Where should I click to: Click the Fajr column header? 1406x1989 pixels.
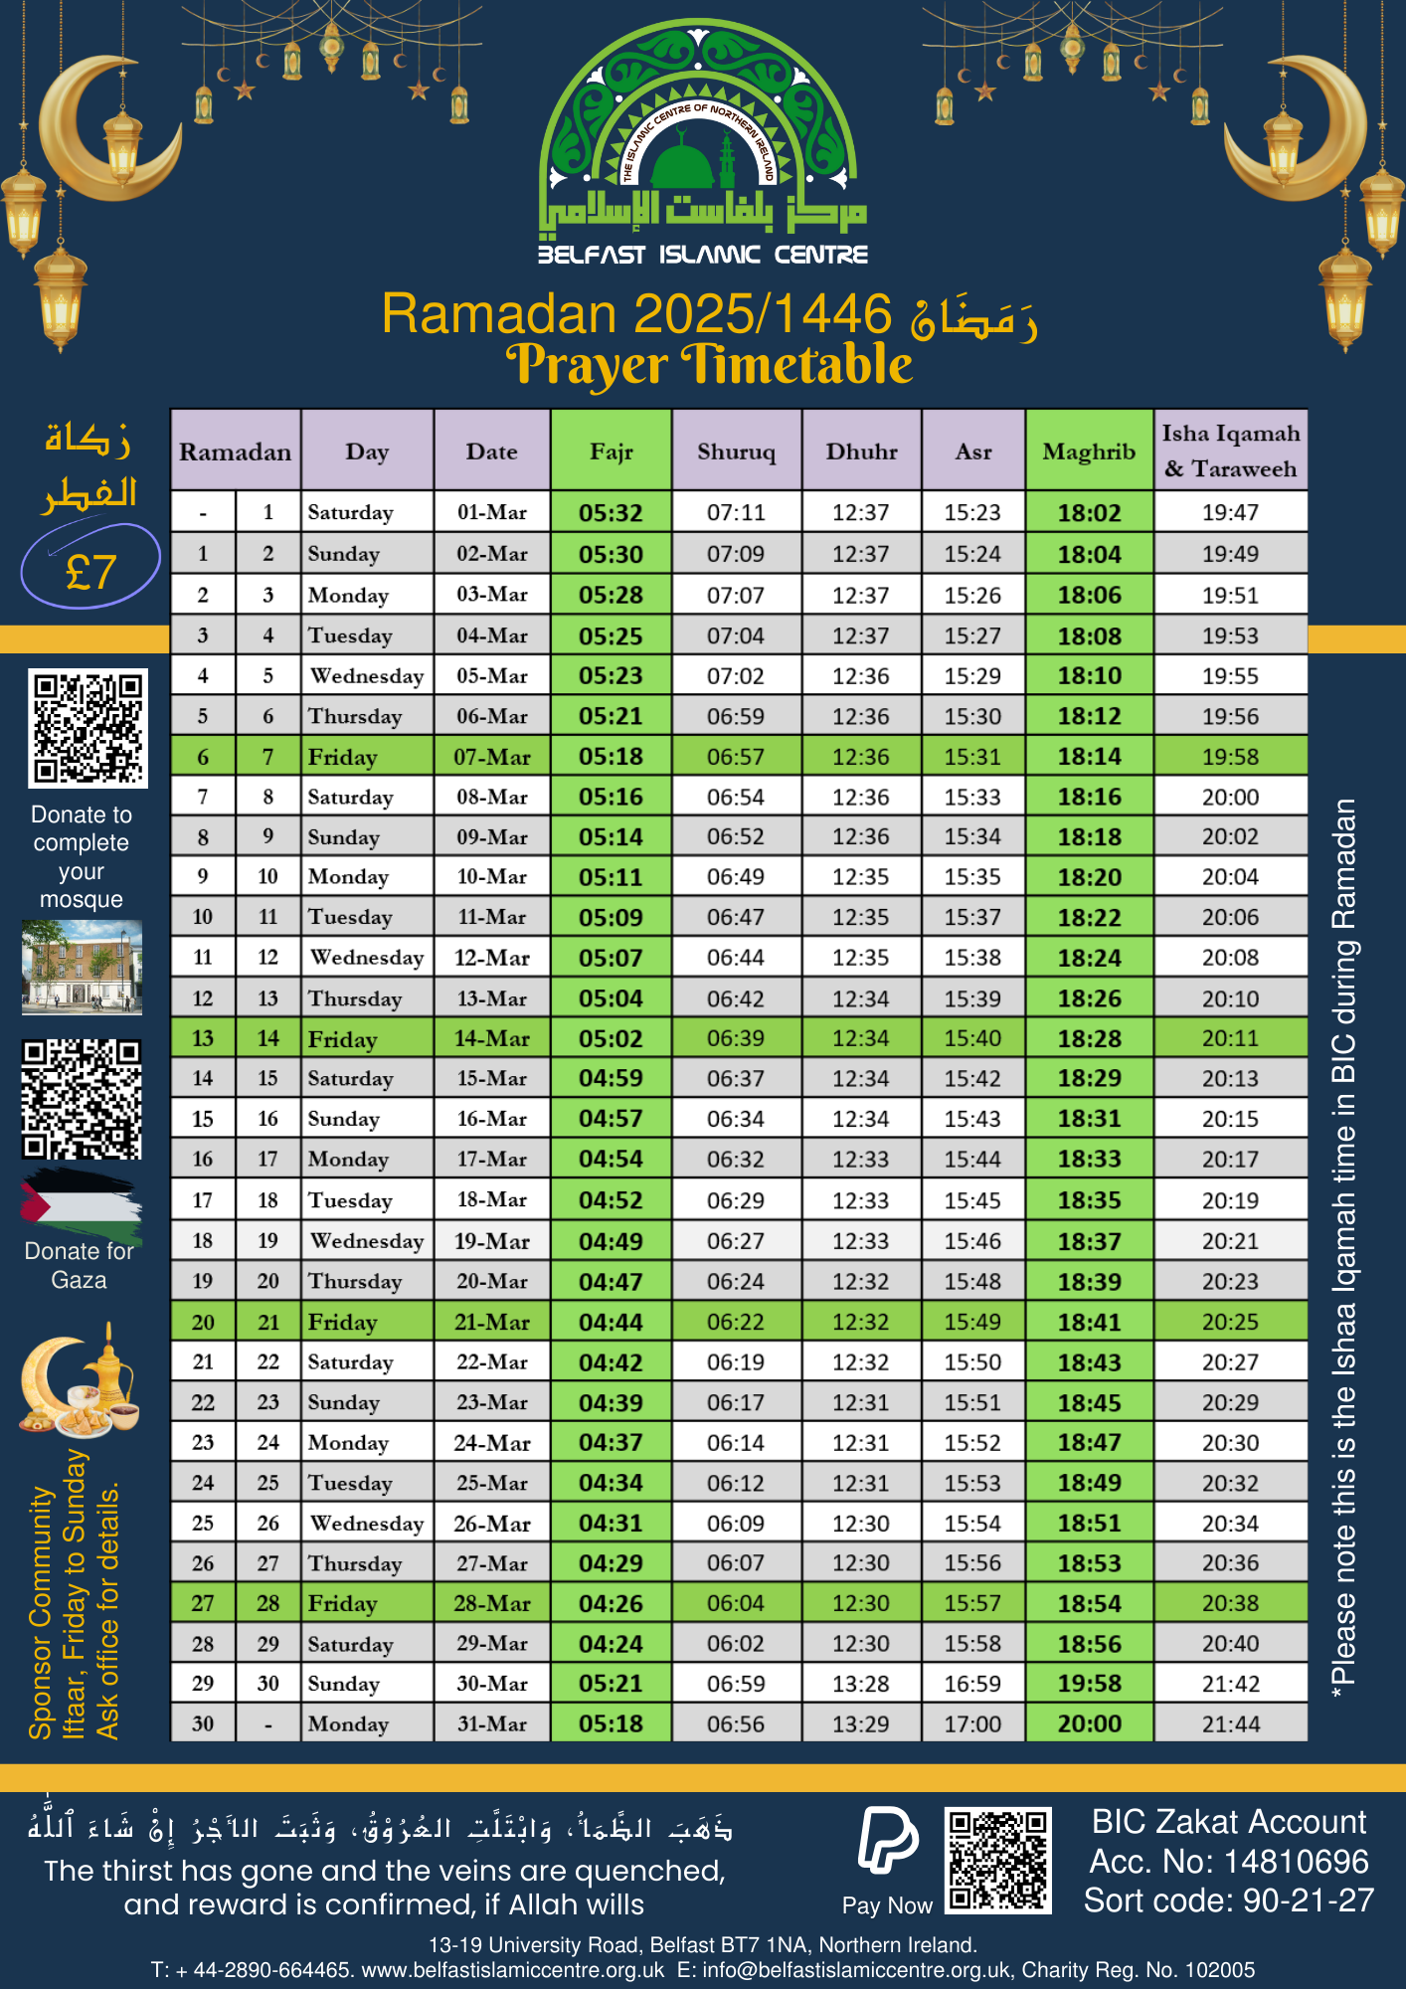[x=611, y=452]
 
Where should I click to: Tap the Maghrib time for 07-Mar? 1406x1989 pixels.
[x=1089, y=757]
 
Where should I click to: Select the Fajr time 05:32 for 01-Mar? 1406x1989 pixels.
[x=611, y=513]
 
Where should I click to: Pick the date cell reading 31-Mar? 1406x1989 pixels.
[x=491, y=1723]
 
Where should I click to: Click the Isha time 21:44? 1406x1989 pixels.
[x=1230, y=1724]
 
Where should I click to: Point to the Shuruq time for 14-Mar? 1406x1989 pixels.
[x=735, y=1038]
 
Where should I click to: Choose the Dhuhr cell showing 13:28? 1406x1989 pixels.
[x=860, y=1684]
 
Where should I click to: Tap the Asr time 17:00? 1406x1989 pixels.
[x=972, y=1724]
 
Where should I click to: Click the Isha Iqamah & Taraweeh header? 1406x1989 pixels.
[x=1230, y=451]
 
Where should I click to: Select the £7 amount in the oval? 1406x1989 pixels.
[x=90, y=571]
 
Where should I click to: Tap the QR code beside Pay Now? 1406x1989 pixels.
[x=997, y=1859]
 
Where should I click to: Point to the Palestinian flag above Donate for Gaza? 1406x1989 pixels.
[x=81, y=1204]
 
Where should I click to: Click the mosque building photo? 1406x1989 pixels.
[x=82, y=967]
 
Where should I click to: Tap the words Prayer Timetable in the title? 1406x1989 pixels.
[x=708, y=365]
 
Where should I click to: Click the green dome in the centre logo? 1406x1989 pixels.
[x=682, y=159]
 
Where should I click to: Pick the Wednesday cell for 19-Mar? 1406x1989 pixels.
[x=367, y=1241]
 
